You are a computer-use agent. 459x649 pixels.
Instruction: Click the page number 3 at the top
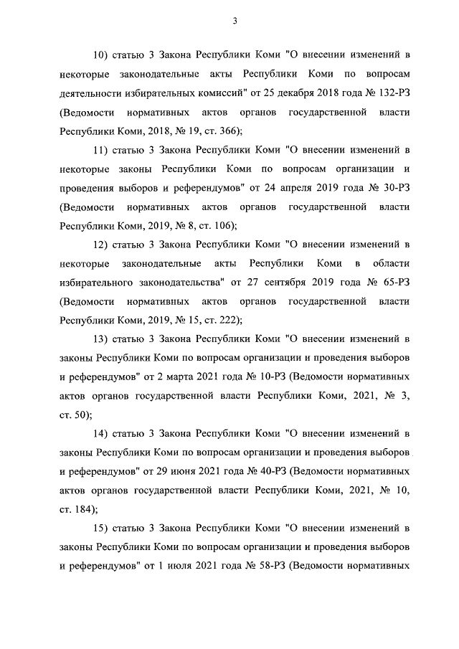coord(235,21)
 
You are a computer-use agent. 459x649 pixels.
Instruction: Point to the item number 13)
coord(103,338)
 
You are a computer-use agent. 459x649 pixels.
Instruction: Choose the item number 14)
coord(103,434)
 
